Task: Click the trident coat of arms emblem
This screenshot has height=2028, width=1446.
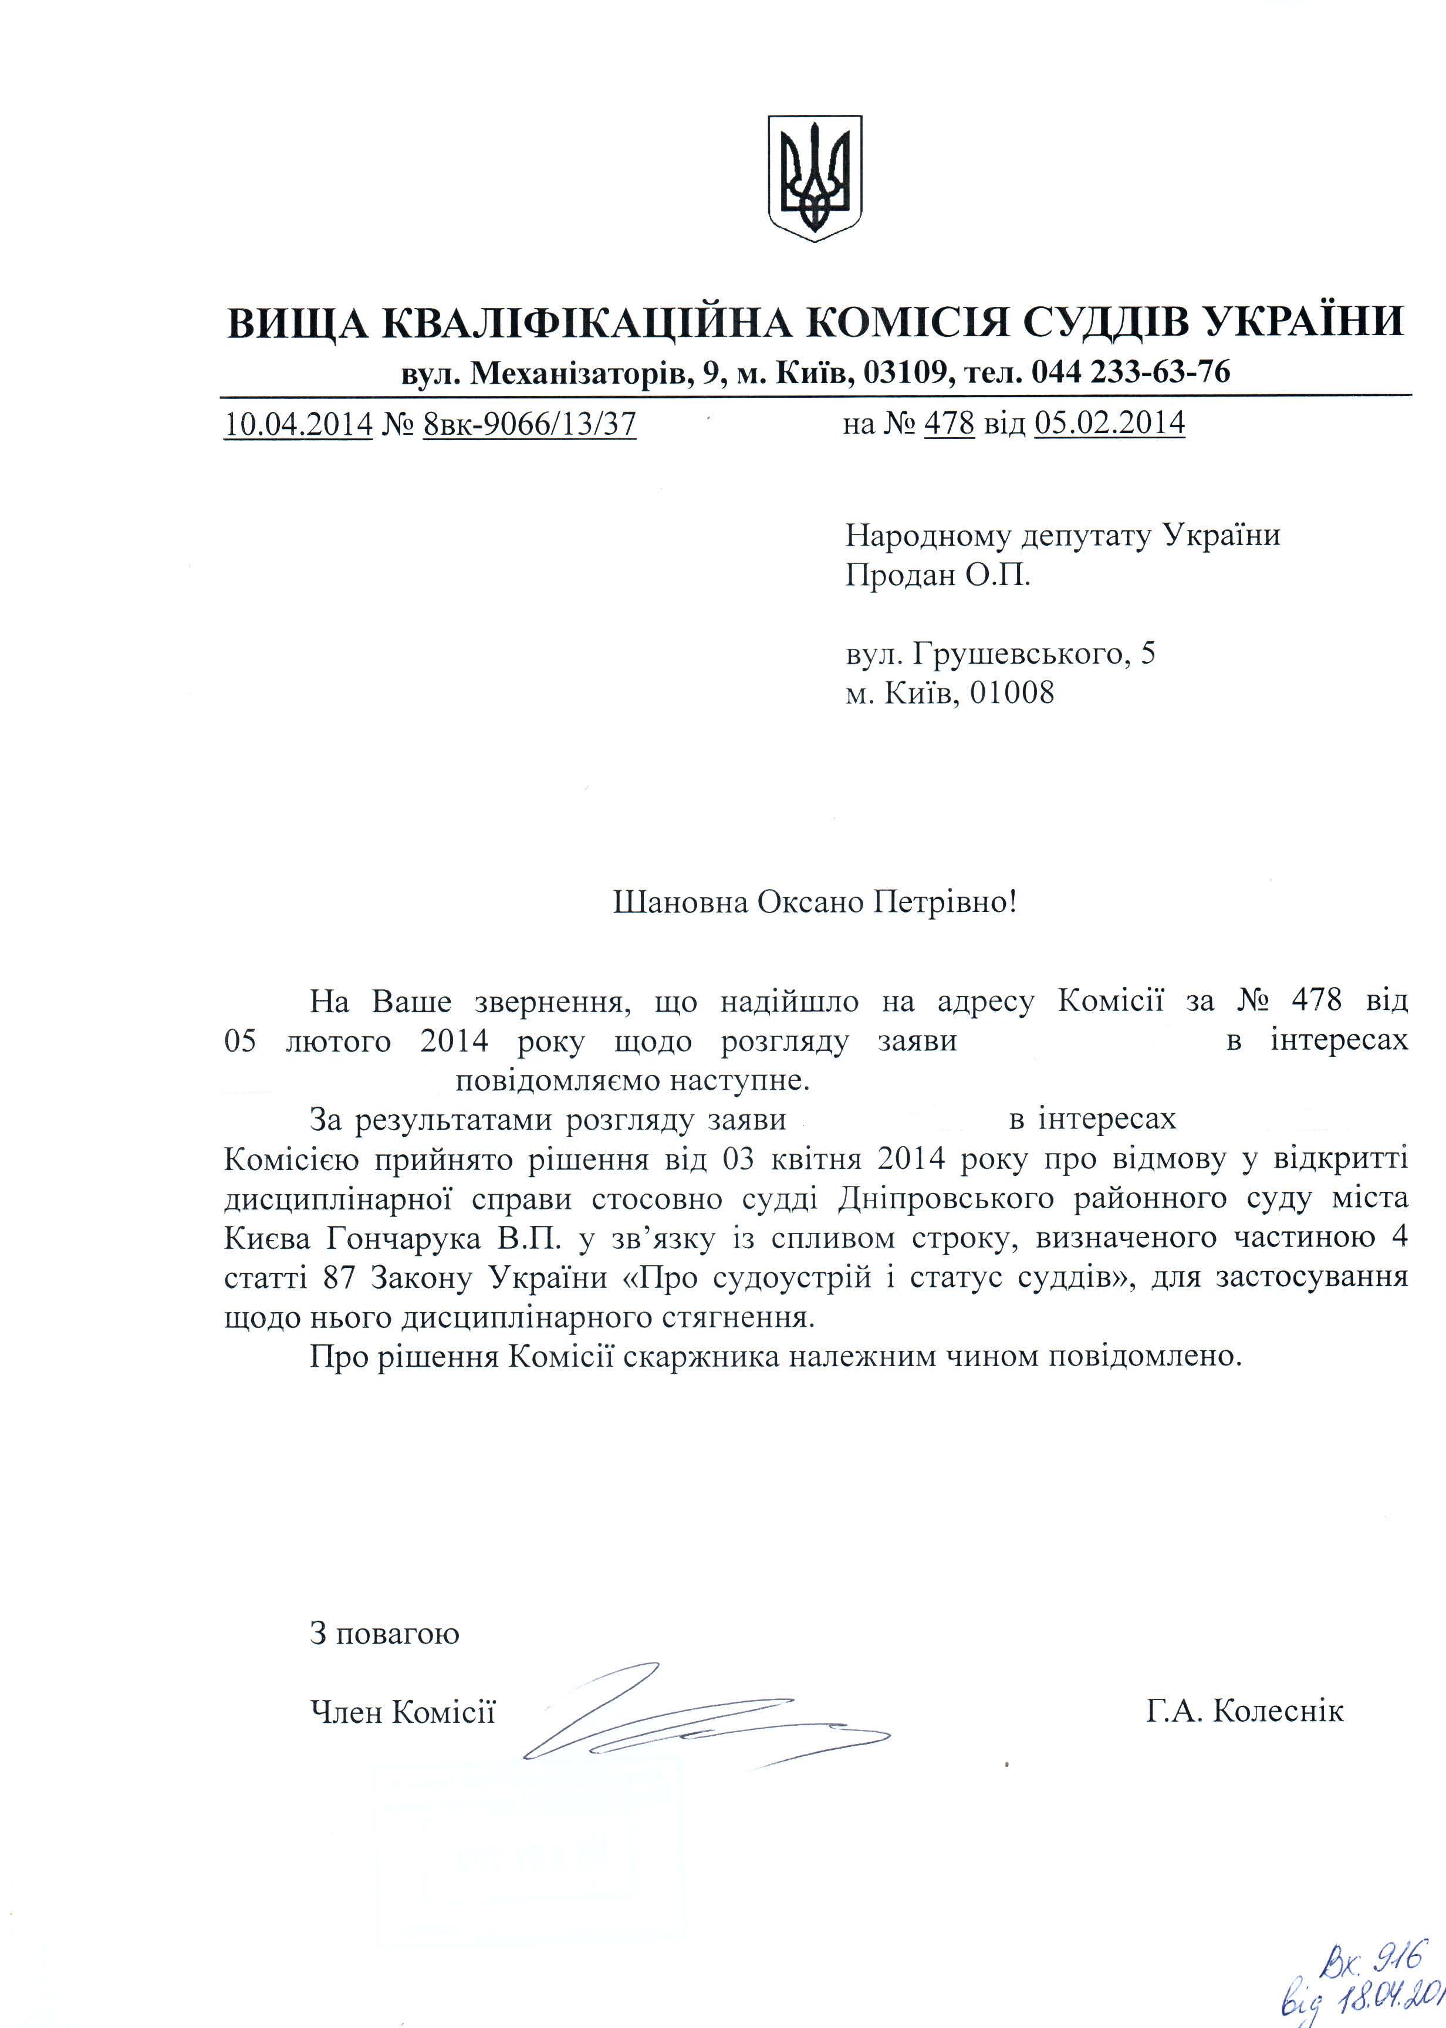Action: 815,177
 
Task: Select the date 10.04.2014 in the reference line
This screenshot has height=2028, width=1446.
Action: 298,423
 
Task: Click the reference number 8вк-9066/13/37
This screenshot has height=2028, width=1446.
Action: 530,423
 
